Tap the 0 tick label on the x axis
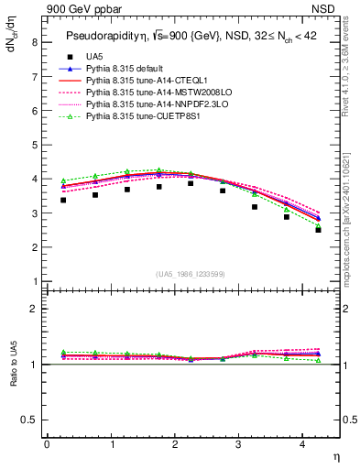coord(47,444)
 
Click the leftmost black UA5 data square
coord(62,200)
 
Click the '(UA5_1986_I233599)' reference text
coord(191,274)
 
